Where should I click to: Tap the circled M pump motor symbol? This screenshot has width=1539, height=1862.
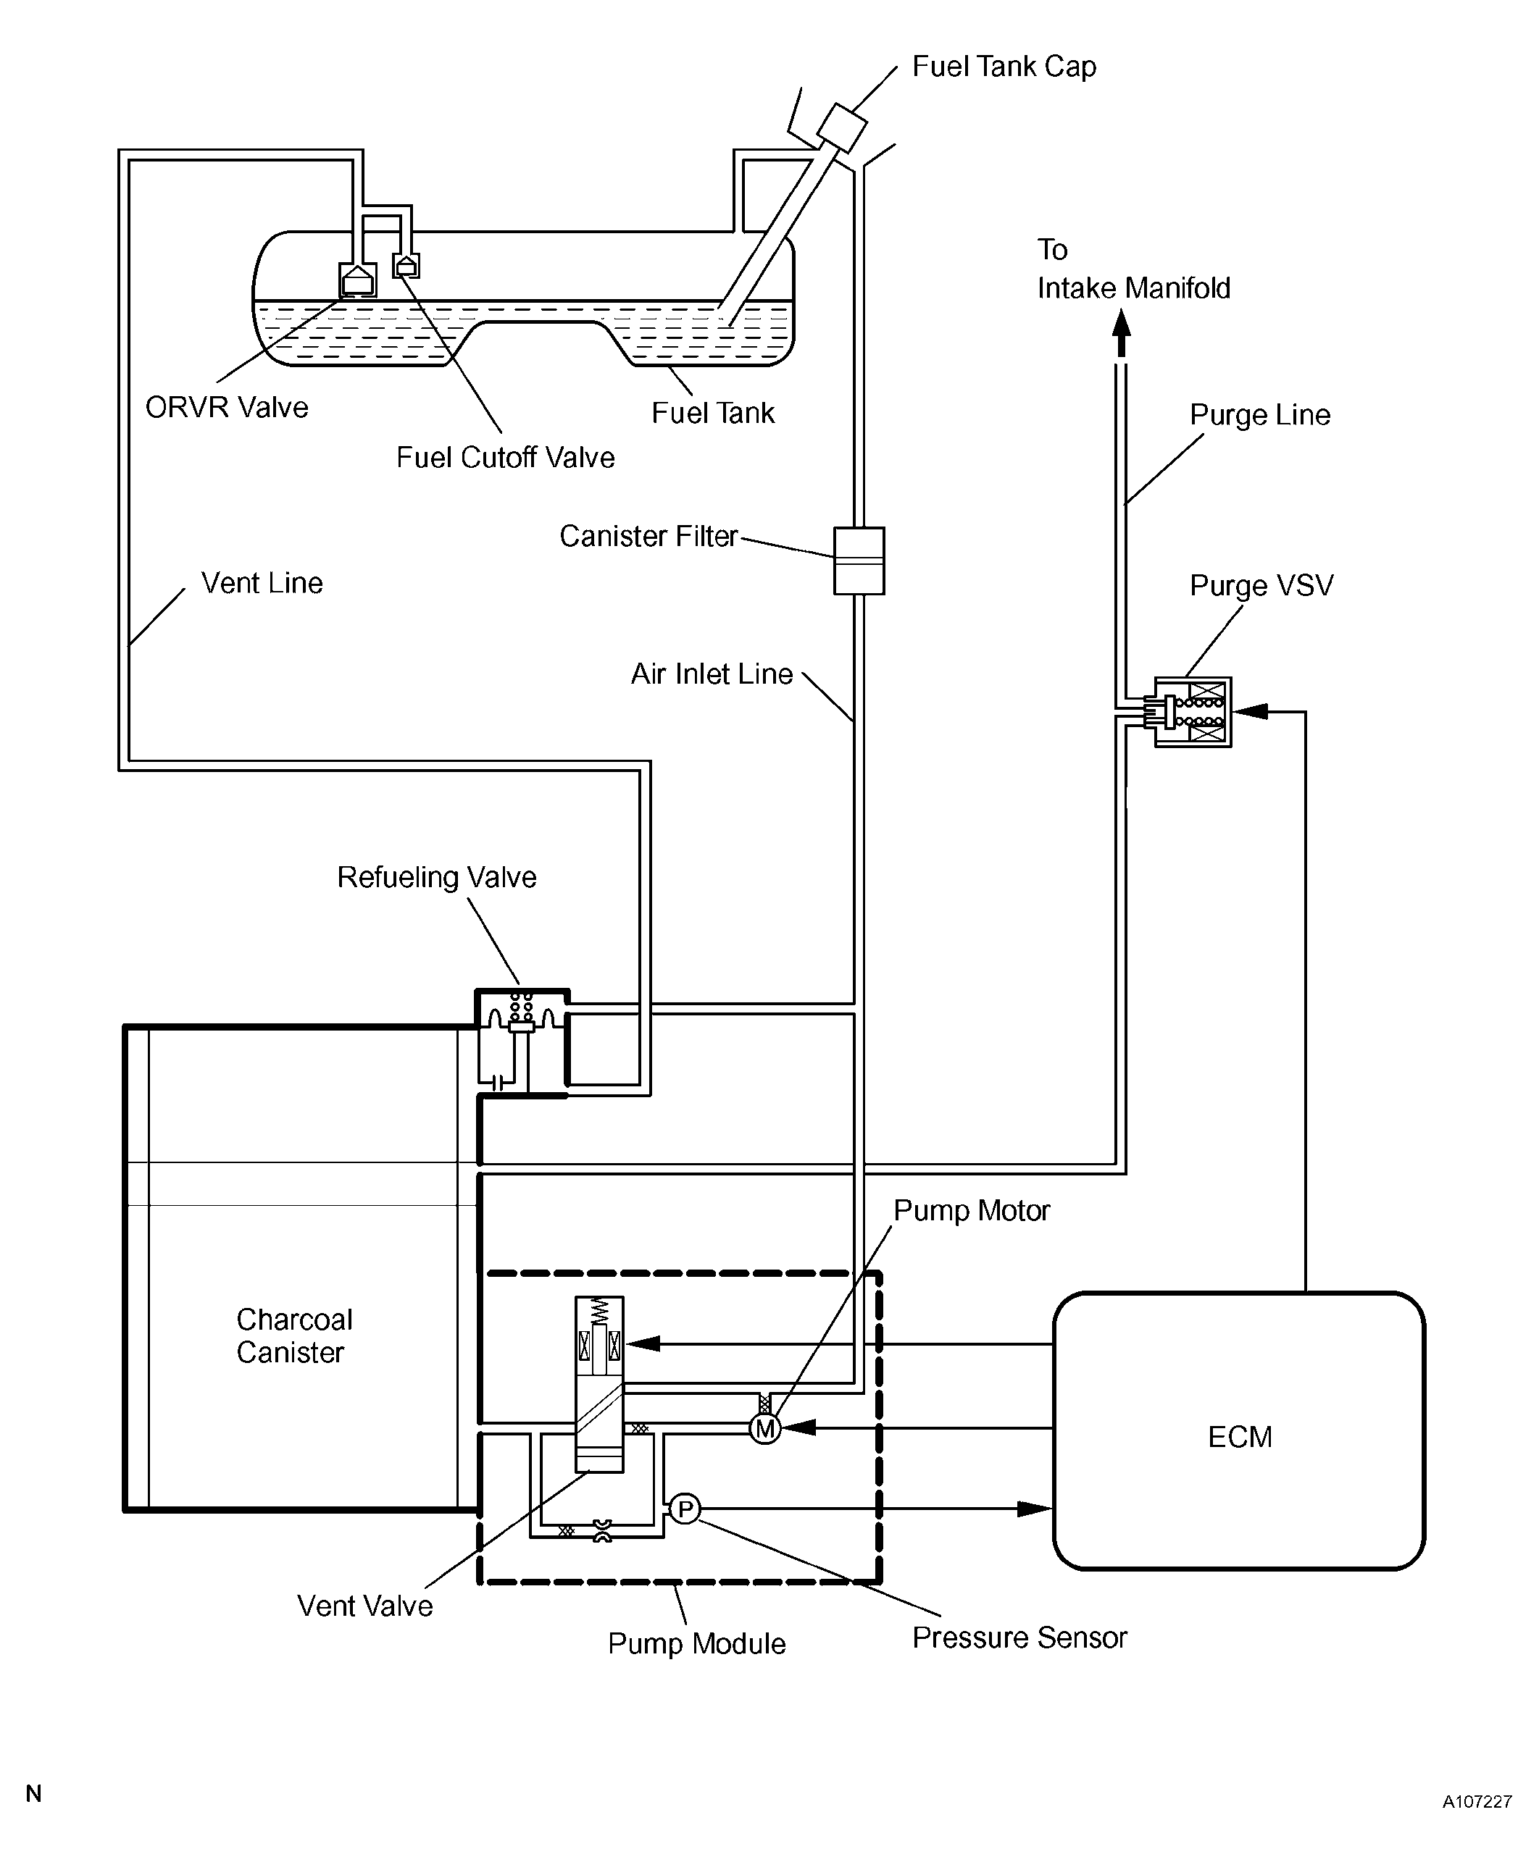click(x=765, y=1429)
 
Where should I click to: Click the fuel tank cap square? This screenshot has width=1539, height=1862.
click(x=841, y=127)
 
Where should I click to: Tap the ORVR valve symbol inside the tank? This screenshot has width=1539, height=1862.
click(x=357, y=280)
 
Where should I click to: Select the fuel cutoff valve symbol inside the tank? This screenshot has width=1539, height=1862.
click(x=406, y=265)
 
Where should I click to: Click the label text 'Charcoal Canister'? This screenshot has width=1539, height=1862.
click(x=294, y=1335)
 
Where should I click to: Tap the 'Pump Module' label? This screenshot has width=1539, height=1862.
click(x=697, y=1644)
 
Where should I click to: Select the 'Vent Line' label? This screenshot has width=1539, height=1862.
click(x=262, y=583)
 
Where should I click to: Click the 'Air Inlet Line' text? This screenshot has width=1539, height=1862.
click(x=712, y=674)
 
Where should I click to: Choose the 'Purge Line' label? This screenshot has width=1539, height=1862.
click(x=1260, y=415)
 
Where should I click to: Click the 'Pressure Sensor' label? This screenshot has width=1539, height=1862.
click(x=1019, y=1637)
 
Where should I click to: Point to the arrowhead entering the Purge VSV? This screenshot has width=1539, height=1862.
click(x=1250, y=710)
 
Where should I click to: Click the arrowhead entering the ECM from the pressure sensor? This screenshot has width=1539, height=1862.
click(x=1034, y=1509)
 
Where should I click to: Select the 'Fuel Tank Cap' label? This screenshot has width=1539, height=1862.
click(x=1004, y=67)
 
